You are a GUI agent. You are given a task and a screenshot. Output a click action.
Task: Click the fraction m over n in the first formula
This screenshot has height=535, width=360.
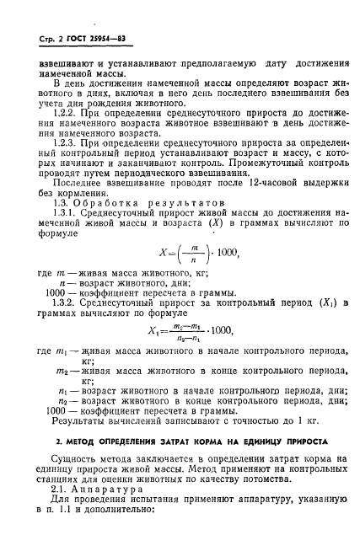[194, 276]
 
